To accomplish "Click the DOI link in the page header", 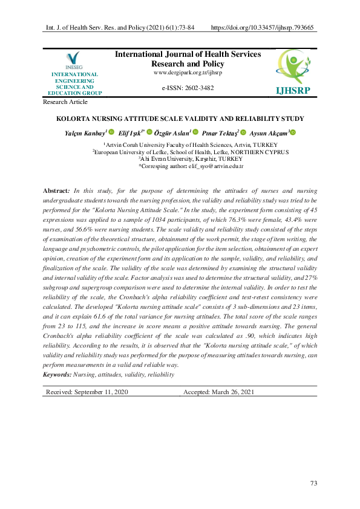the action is (262, 28).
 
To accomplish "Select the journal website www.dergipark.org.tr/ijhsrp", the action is (188, 73).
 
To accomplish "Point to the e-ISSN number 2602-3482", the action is (188, 88).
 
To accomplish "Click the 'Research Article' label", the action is (65, 102).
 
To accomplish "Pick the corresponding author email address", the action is (216, 165).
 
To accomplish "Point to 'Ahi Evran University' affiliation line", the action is (183, 158).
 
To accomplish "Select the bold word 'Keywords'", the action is (57, 375).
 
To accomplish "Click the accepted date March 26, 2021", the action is (220, 392).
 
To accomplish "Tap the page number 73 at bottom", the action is (313, 483).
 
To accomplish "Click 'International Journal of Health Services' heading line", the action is (188, 54).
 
